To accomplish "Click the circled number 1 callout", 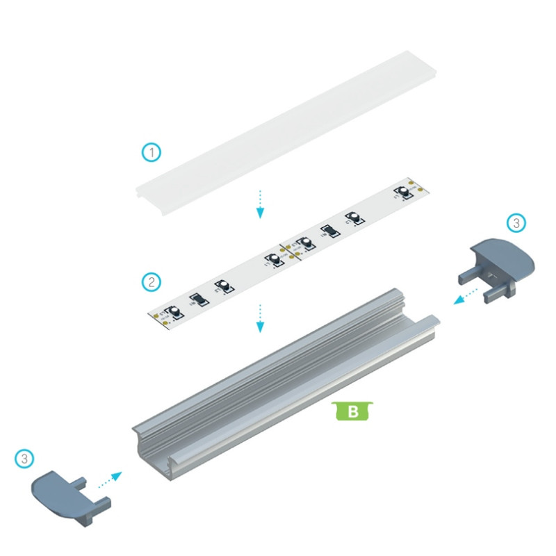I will pos(151,152).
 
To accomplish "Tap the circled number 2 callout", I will pos(151,281).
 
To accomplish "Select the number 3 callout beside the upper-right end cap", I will pos(515,223).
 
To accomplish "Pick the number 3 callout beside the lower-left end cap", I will pos(24,459).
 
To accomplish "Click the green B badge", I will pos(353,411).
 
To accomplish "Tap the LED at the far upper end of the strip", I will pos(403,191).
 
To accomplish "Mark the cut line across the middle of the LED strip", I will pos(286,252).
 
